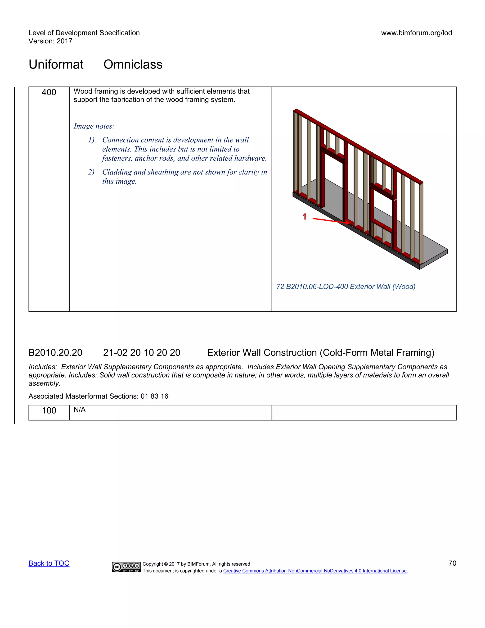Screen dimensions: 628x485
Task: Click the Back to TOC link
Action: point(49,563)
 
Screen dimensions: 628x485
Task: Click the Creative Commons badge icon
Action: point(126,567)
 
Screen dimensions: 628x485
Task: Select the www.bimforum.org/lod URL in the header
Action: point(416,33)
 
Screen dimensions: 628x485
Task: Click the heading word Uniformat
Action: point(56,64)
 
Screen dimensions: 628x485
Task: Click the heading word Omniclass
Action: point(133,64)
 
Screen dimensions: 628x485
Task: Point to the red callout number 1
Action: point(305,217)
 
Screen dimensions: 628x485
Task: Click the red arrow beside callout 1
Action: point(330,221)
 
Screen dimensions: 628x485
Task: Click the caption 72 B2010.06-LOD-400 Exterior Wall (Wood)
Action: point(346,287)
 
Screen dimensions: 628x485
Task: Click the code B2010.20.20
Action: point(55,353)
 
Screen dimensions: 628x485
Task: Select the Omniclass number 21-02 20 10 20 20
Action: point(142,353)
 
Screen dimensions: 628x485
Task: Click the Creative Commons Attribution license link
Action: point(315,571)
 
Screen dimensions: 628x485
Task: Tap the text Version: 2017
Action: point(50,41)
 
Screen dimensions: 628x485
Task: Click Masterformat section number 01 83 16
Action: point(154,396)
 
